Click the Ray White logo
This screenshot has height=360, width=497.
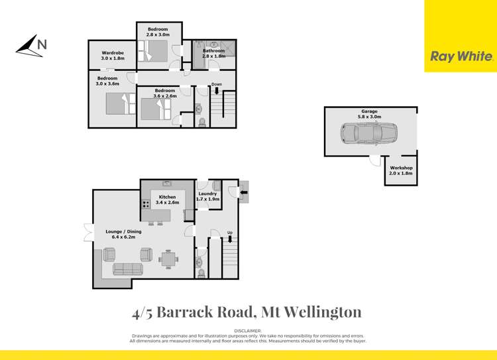pos(461,57)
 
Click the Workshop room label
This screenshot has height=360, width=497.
pos(401,171)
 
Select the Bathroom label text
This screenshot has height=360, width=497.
pos(214,53)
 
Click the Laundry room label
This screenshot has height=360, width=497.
pos(208,196)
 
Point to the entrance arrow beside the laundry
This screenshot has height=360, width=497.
pos(242,194)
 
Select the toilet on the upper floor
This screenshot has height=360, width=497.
pos(201,121)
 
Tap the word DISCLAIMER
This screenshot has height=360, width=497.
pos(248,330)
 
